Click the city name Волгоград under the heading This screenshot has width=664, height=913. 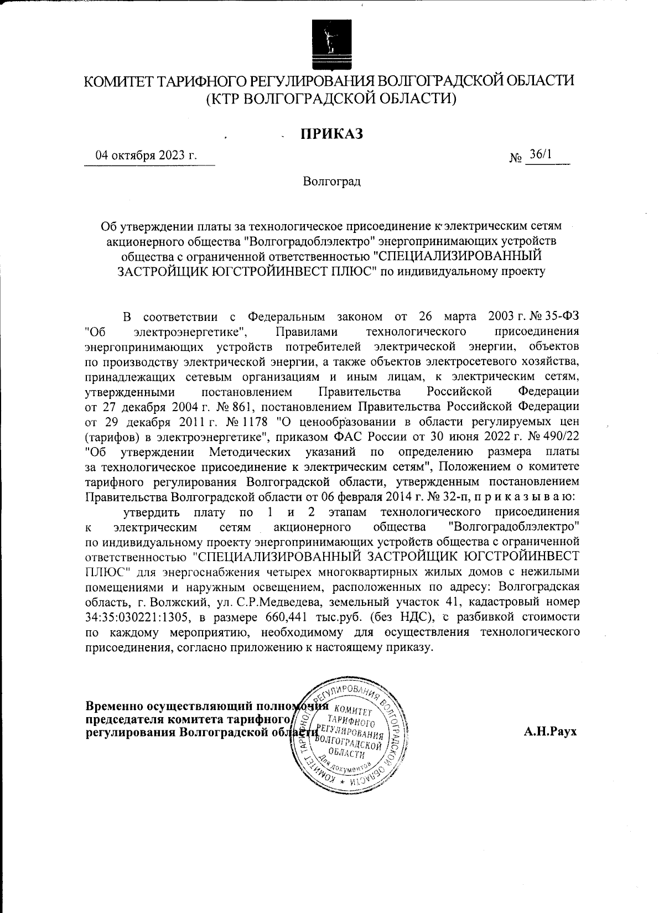(331, 181)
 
